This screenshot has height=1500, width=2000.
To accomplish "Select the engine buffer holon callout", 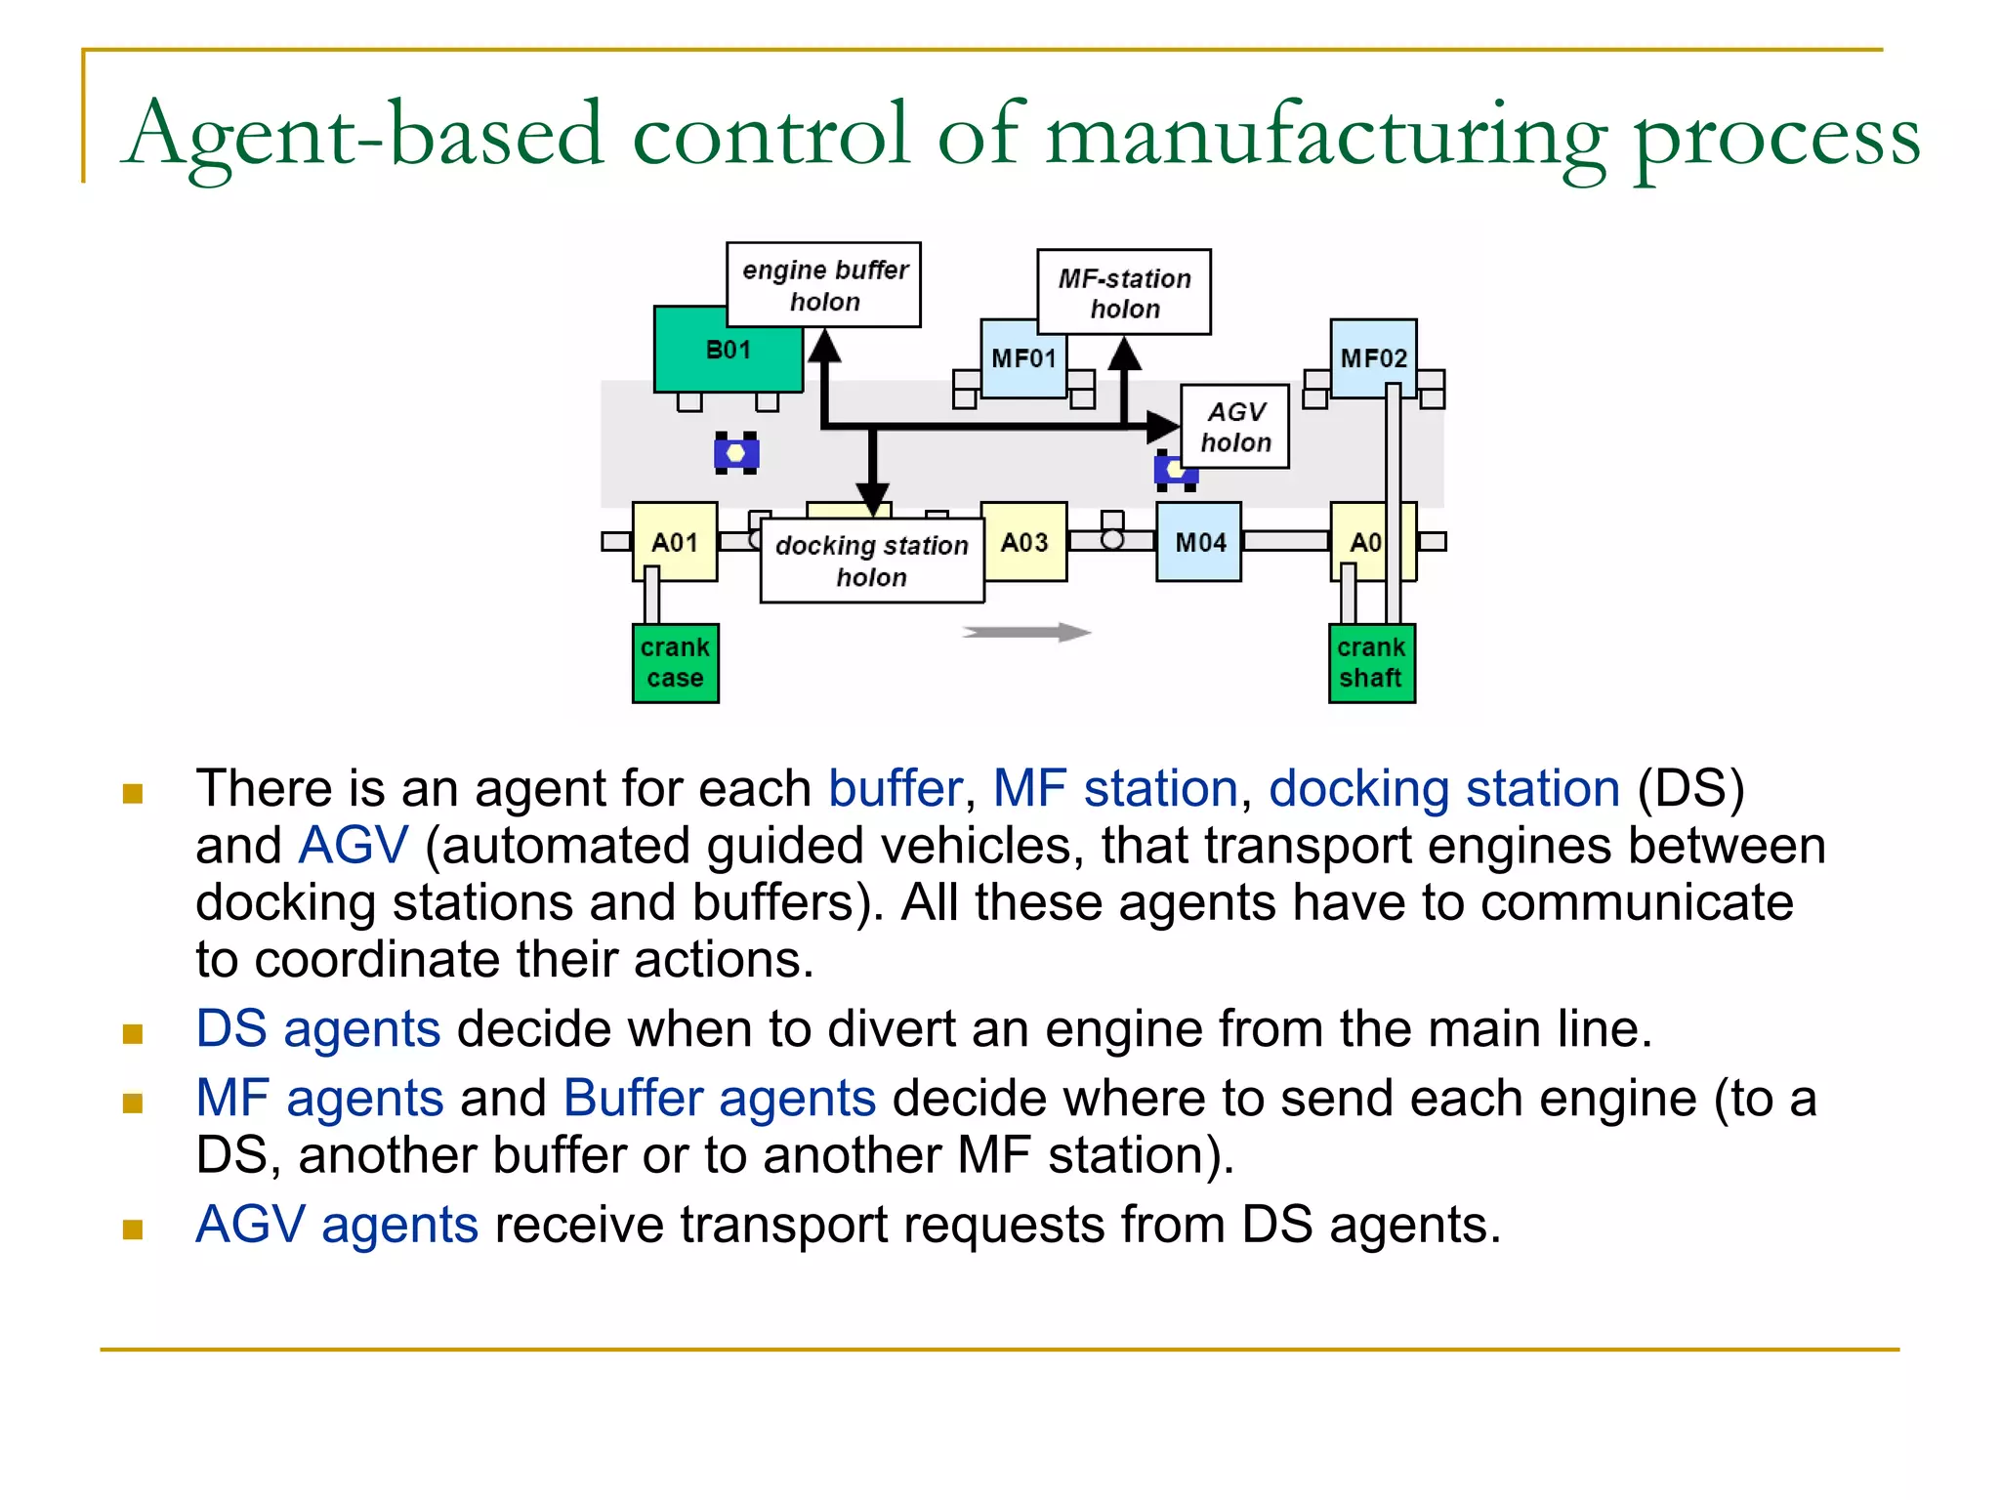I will [823, 285].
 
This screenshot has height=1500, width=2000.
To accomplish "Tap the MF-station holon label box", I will [1123, 293].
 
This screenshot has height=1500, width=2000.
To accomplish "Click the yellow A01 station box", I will [675, 542].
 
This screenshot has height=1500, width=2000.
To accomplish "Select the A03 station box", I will [1024, 542].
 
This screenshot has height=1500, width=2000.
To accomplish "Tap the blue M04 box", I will [1199, 542].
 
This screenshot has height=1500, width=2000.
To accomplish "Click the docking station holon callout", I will [871, 562].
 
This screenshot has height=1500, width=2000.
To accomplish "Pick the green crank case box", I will [675, 663].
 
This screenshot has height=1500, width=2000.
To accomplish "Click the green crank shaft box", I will [1371, 663].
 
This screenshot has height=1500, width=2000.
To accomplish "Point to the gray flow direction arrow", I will [1025, 633].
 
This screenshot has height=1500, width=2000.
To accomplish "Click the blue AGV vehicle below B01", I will [736, 453].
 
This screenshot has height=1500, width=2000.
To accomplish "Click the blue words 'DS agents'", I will [318, 1028].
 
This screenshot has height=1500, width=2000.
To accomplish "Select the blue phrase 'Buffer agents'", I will [720, 1098].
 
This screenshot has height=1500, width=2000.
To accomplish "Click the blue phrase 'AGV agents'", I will [337, 1225].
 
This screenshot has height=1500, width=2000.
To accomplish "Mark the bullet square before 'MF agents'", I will [133, 1104].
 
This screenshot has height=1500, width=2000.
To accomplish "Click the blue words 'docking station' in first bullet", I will [1443, 788].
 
